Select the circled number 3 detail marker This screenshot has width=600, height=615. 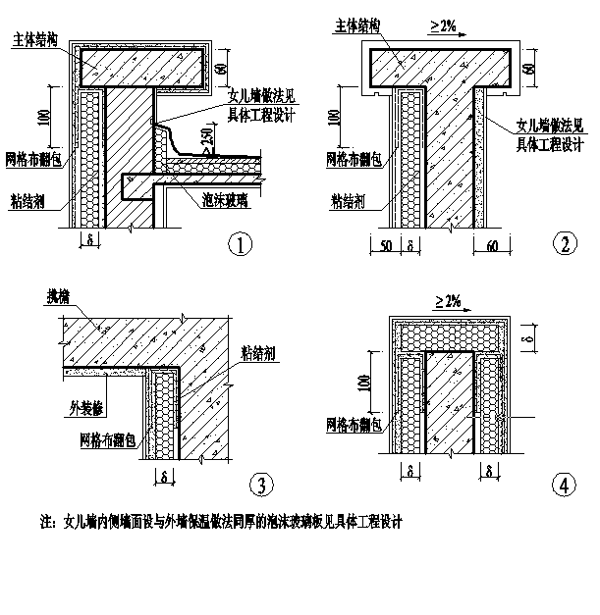point(259,484)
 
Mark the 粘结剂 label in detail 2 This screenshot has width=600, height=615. point(350,203)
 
